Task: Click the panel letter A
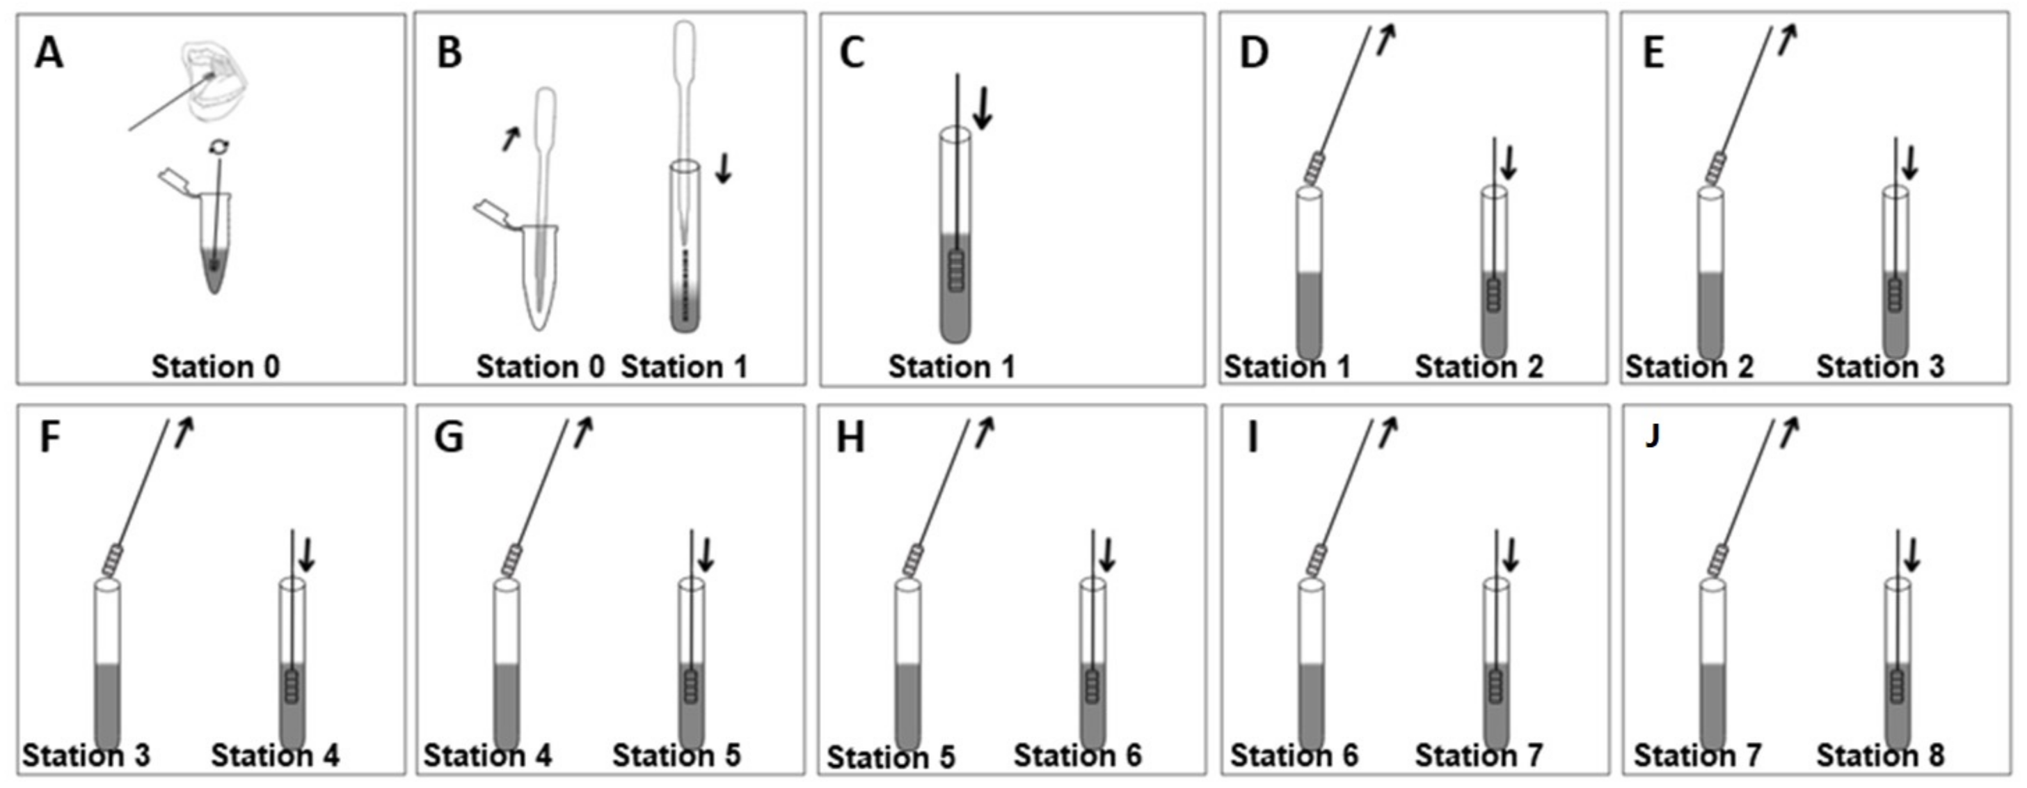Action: [49, 54]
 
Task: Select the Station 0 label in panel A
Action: [215, 367]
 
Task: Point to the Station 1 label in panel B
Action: [684, 367]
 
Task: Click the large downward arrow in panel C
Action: [983, 107]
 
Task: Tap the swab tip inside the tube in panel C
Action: [956, 271]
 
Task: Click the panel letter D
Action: [1253, 53]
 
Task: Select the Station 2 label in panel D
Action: [1479, 367]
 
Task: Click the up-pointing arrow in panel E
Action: [1788, 40]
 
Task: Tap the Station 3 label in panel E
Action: [1880, 367]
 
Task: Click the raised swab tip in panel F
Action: [113, 560]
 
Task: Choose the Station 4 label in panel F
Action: [276, 756]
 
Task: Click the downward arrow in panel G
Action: [706, 555]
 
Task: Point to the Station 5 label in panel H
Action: [891, 757]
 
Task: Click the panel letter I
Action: [1253, 438]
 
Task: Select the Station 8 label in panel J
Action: [1880, 756]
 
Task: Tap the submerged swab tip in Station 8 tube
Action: [1897, 686]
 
